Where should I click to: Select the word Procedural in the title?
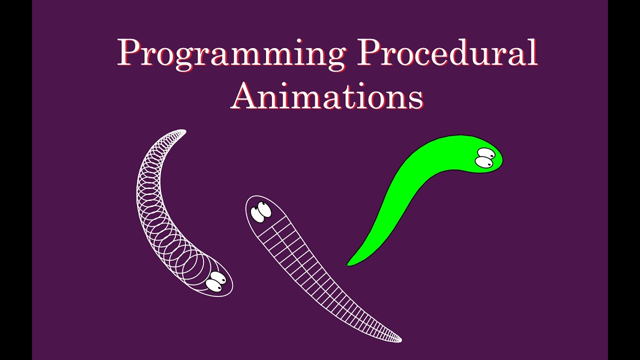tap(446, 52)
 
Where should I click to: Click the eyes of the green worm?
tap(485, 158)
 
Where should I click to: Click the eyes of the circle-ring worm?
tap(215, 281)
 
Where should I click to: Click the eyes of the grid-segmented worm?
tap(261, 211)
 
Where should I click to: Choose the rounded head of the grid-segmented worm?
tap(260, 212)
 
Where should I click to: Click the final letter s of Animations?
tap(416, 98)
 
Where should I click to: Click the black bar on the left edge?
tap(15, 180)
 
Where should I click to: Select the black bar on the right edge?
tap(624, 180)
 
